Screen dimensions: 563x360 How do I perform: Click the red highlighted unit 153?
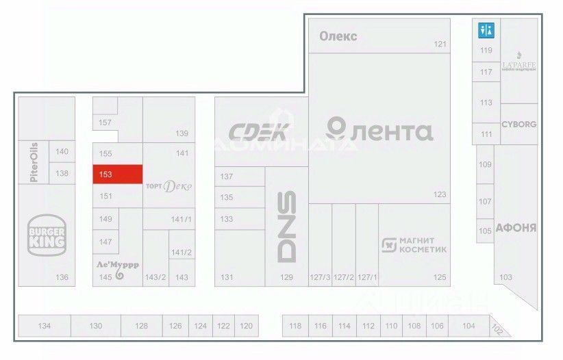click(118, 174)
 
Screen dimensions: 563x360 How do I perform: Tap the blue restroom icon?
click(486, 30)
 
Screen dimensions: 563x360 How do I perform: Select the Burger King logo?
click(47, 234)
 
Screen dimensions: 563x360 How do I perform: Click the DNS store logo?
click(286, 225)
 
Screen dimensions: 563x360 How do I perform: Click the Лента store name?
click(379, 130)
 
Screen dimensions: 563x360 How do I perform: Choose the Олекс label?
click(338, 36)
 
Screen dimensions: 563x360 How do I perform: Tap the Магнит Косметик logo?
click(414, 245)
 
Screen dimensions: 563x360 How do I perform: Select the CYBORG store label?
click(518, 125)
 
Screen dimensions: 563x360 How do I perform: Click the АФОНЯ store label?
click(515, 228)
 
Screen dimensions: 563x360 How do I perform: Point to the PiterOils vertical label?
click(34, 162)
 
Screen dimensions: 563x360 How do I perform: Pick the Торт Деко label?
click(168, 185)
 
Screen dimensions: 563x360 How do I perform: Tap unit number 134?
click(45, 326)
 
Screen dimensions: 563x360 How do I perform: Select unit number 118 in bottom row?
click(295, 326)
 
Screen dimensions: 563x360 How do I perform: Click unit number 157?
click(105, 123)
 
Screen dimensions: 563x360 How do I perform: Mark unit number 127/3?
click(320, 277)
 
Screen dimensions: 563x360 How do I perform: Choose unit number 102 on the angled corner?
click(498, 329)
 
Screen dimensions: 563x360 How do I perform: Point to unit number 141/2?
click(182, 253)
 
